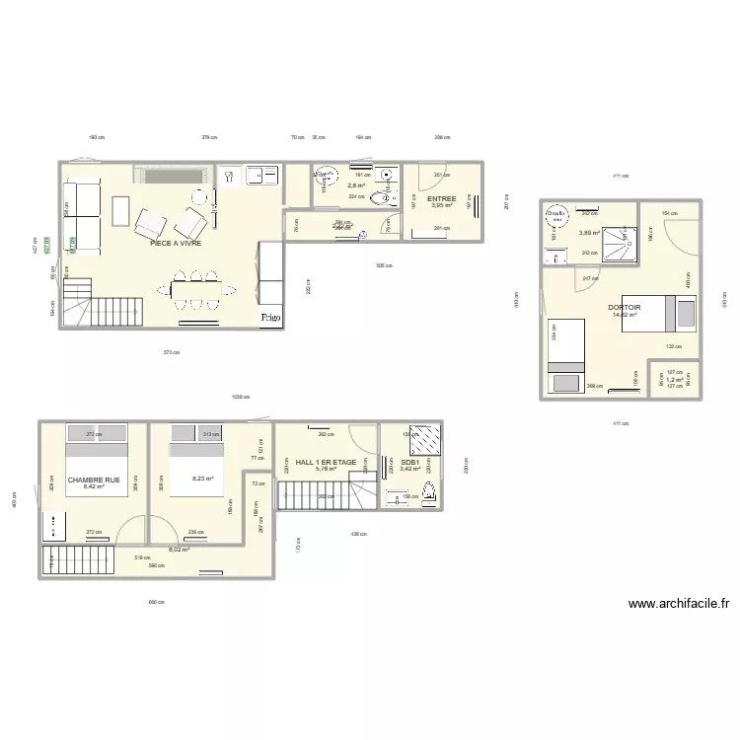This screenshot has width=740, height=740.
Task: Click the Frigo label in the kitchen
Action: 270,318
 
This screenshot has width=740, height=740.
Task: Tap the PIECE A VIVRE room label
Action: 176,242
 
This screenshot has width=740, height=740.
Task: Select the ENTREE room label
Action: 441,198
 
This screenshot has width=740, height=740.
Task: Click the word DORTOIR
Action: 626,307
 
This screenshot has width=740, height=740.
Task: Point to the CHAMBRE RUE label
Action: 94,480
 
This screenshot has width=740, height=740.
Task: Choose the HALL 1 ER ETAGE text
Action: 326,461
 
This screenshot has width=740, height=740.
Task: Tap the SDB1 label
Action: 410,461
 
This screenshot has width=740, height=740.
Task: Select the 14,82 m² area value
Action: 626,315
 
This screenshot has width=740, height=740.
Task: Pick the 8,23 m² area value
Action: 203,480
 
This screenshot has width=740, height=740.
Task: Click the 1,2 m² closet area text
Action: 674,379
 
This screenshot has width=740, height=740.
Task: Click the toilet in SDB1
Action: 428,493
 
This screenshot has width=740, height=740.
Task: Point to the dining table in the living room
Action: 198,290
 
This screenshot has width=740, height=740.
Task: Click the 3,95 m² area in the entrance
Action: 441,205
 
